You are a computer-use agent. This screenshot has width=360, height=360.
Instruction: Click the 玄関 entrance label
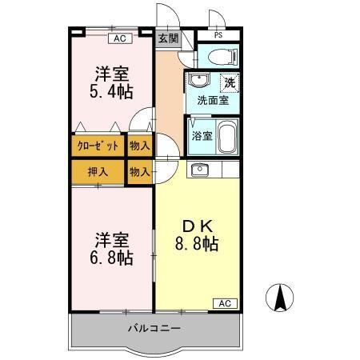(167, 38)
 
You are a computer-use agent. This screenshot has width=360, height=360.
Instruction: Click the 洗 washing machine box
(230, 82)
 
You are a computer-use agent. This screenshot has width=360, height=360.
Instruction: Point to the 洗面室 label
(213, 101)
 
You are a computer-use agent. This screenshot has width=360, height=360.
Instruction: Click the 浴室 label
(202, 136)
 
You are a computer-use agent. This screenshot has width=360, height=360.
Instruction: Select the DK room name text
(197, 226)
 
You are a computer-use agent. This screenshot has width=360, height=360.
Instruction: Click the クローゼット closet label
(98, 146)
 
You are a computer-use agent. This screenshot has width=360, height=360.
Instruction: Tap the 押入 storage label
(98, 171)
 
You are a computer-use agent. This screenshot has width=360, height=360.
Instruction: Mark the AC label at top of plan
(118, 38)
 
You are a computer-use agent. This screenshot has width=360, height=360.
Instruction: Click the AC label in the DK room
(225, 302)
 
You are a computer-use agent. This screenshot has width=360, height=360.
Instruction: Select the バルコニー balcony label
(154, 329)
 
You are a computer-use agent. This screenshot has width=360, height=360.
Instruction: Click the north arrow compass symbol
(281, 298)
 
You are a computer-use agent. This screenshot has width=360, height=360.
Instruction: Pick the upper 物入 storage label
(139, 146)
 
